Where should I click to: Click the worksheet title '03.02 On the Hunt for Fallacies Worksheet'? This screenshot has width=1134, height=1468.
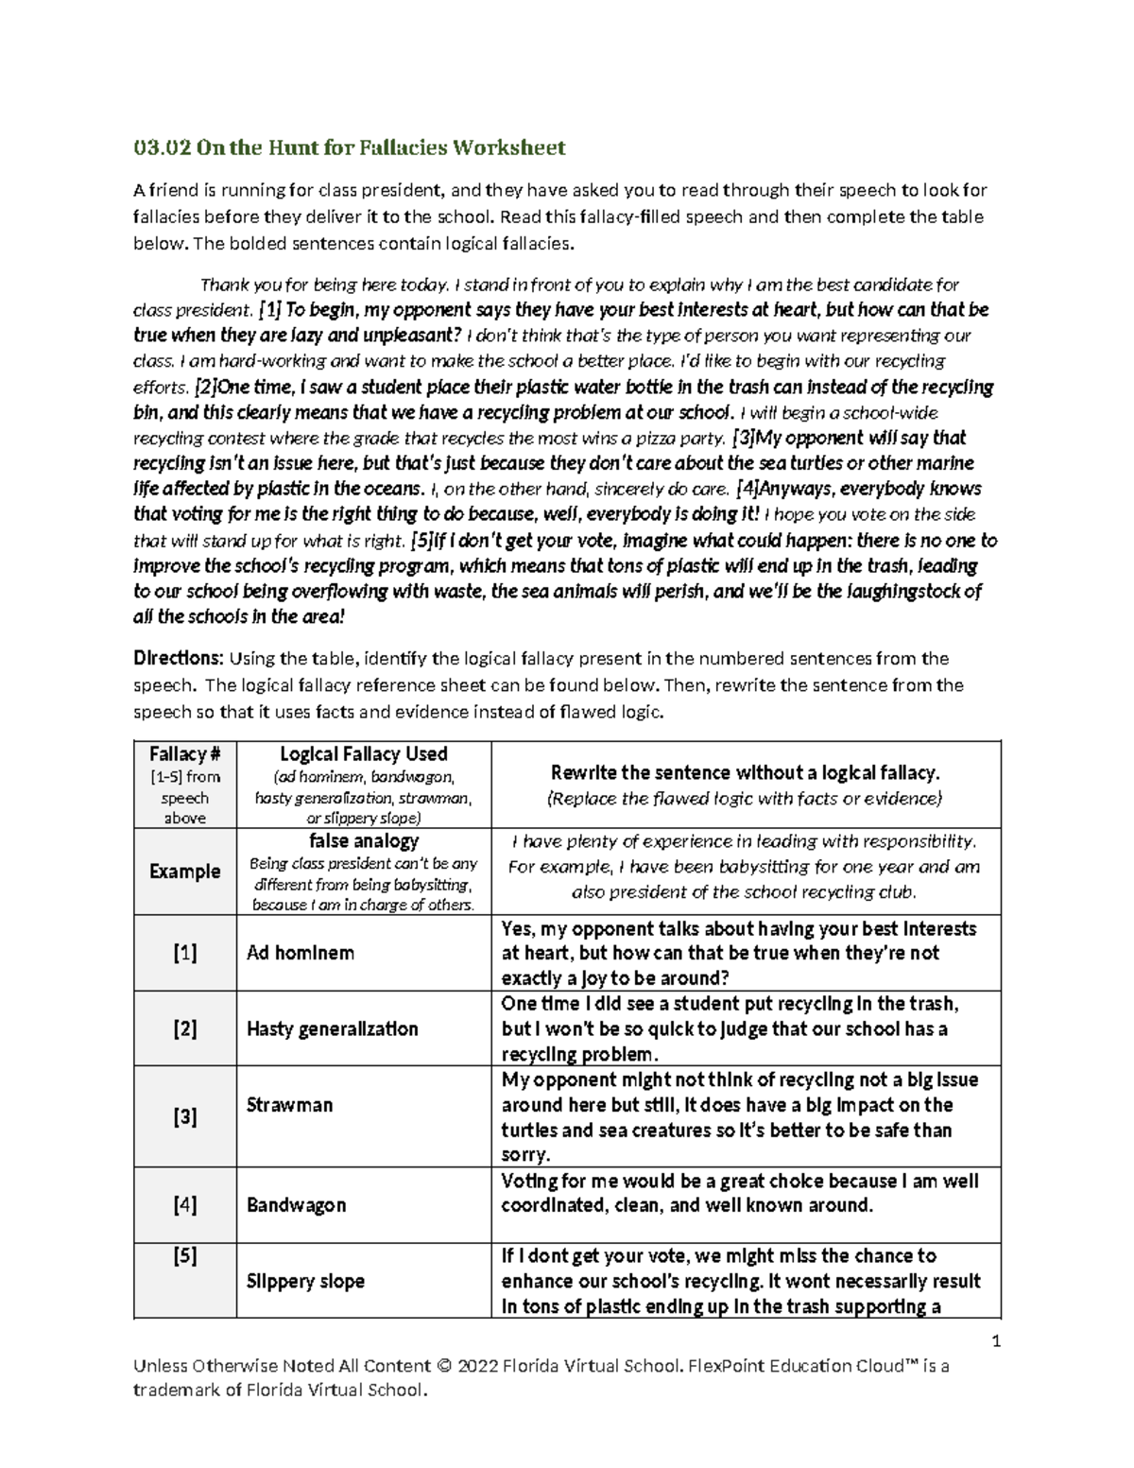pyautogui.click(x=349, y=147)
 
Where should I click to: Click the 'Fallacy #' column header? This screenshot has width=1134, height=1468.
pyautogui.click(x=184, y=754)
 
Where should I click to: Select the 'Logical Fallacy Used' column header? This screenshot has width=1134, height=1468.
pyautogui.click(x=364, y=754)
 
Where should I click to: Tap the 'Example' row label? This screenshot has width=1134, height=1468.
pyautogui.click(x=184, y=872)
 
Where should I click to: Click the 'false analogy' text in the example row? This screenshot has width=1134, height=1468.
pyautogui.click(x=364, y=840)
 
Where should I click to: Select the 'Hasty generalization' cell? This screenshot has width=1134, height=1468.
pyautogui.click(x=332, y=1028)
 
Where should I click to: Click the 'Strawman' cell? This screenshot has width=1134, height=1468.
pyautogui.click(x=289, y=1105)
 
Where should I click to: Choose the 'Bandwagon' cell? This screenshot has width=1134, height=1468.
pyautogui.click(x=296, y=1205)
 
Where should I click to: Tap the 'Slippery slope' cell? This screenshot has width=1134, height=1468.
pyautogui.click(x=305, y=1282)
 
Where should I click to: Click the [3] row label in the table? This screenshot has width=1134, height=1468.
pyautogui.click(x=184, y=1117)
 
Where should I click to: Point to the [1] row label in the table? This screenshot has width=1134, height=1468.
pyautogui.click(x=184, y=953)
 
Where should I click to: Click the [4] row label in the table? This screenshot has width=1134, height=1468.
pyautogui.click(x=184, y=1205)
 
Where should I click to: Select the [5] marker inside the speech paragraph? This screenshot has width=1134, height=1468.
pyautogui.click(x=421, y=541)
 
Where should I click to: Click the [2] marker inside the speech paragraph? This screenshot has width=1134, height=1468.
pyautogui.click(x=205, y=387)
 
